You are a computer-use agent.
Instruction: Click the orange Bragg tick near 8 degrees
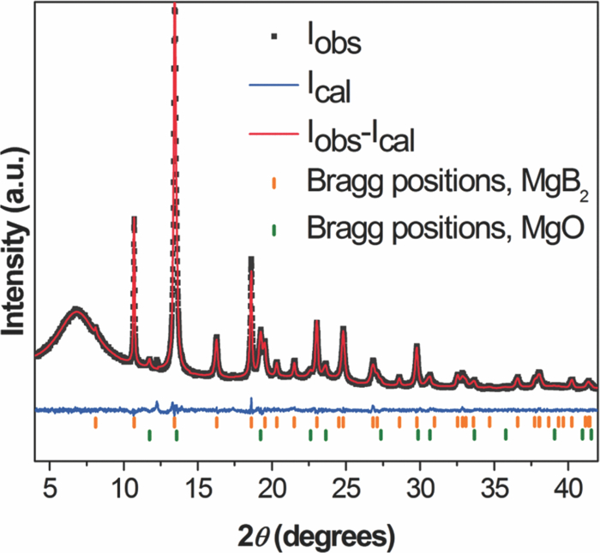[x=95, y=422]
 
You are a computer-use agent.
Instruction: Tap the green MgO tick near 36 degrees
[x=506, y=435]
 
